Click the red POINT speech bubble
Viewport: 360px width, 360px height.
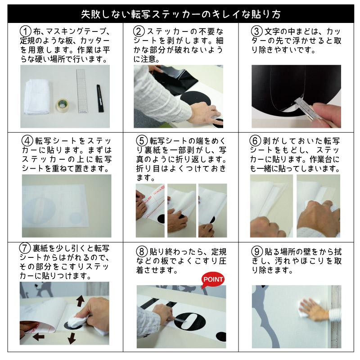[x=212, y=279]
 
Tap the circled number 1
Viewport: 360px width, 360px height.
[x=25, y=31]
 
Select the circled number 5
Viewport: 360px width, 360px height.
[x=142, y=140]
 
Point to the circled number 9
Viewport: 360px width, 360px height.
[x=257, y=252]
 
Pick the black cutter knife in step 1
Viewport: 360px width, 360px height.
[x=99, y=98]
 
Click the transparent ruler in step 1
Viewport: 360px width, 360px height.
[x=81, y=91]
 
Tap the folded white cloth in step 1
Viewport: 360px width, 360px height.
[x=37, y=97]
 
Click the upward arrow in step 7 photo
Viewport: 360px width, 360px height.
[x=80, y=301]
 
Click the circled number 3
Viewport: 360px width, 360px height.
[x=256, y=31]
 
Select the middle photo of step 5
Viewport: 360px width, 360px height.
[x=182, y=210]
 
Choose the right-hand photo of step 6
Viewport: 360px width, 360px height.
[x=318, y=206]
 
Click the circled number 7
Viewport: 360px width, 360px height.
[x=25, y=248]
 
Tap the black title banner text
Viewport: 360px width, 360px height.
[x=181, y=14]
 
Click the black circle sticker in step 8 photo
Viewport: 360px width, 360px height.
[x=189, y=321]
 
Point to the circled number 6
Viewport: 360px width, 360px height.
[x=255, y=140]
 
